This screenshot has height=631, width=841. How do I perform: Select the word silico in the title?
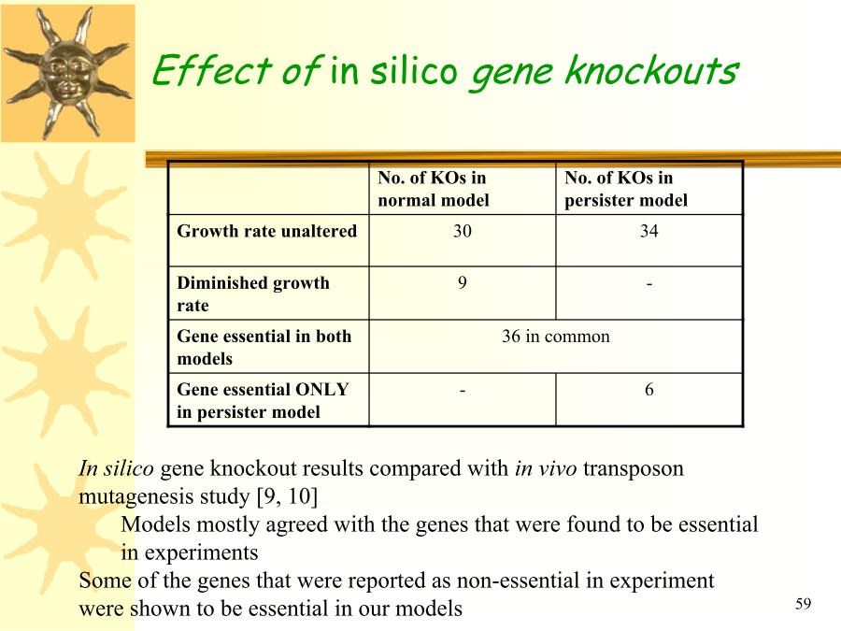pyautogui.click(x=414, y=70)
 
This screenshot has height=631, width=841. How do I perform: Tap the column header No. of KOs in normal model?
pyautogui.click(x=434, y=189)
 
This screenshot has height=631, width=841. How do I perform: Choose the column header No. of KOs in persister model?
pyautogui.click(x=626, y=189)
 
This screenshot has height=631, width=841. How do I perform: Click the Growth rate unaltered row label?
pyautogui.click(x=266, y=231)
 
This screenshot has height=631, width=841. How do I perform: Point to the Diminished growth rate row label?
pyautogui.click(x=252, y=294)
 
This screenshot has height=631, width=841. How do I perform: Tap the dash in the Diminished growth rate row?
pyautogui.click(x=649, y=284)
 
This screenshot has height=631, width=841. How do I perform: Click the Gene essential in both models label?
pyautogui.click(x=264, y=347)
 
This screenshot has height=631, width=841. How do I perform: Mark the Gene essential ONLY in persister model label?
pyautogui.click(x=263, y=400)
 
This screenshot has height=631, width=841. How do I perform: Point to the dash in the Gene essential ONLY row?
pyautogui.click(x=463, y=391)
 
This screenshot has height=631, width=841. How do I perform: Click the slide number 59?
pyautogui.click(x=803, y=604)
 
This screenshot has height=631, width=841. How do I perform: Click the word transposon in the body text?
pyautogui.click(x=634, y=469)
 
